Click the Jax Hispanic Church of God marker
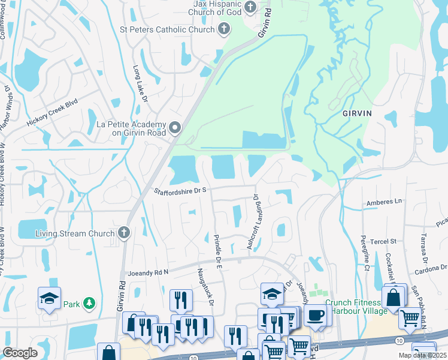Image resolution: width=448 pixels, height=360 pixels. (x=251, y=8)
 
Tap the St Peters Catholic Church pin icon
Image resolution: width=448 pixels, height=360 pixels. (x=224, y=29)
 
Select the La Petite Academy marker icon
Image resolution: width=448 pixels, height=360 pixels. (x=175, y=127)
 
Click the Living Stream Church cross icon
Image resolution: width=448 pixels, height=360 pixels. (x=124, y=233)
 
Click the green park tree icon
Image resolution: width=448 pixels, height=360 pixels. (x=89, y=304)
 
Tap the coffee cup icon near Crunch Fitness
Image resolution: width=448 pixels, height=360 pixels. (x=315, y=315)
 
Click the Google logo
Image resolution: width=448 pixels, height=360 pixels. (x=20, y=353)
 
